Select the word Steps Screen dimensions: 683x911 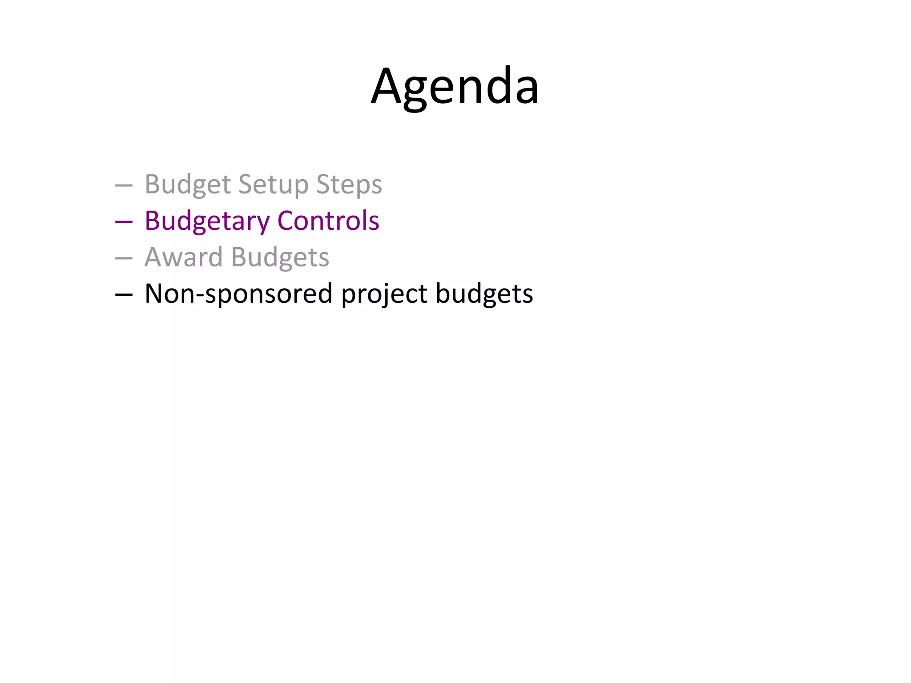point(349,184)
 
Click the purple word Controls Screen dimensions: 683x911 point(328,221)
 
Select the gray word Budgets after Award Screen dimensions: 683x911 point(280,257)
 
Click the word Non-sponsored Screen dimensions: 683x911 point(238,293)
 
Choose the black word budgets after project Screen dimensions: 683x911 point(484,293)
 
